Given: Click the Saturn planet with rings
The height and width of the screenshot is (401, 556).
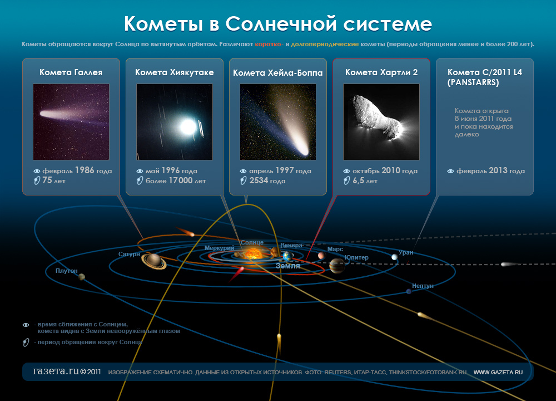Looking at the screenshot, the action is pos(154,261).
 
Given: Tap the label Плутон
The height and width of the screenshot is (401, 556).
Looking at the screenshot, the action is pos(66,271).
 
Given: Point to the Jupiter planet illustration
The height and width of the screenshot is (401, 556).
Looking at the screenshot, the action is pos(336,265).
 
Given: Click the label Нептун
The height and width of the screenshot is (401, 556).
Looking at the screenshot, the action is pos(423,286).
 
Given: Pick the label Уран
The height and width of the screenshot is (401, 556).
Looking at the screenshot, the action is pos(406,252).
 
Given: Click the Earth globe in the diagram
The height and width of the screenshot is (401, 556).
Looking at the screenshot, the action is pos(287,256).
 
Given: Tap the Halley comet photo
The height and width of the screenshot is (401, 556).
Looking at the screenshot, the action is pos(71,122).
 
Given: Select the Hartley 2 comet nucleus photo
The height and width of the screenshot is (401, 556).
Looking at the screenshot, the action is pos(381,122).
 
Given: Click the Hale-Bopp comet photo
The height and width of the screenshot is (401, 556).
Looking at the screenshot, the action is pos(277,122).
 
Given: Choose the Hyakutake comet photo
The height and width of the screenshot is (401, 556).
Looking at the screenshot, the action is pos(175,122).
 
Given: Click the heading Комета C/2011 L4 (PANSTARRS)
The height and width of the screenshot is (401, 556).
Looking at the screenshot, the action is pos(485,77).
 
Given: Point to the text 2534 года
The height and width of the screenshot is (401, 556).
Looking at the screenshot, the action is pos(267,180).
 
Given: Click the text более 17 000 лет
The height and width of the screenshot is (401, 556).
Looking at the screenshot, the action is pos(176,180).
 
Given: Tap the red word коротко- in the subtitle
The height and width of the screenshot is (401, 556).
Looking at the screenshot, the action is pos(269,45).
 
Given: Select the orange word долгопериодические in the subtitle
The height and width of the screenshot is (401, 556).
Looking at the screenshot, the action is pos(325,45).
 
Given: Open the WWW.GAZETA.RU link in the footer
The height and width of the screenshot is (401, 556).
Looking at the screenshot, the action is pos(498,372).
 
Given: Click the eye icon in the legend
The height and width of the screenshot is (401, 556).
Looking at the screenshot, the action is pos(26,325).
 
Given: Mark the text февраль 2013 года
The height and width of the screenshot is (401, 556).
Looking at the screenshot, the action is pos(490,171).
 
